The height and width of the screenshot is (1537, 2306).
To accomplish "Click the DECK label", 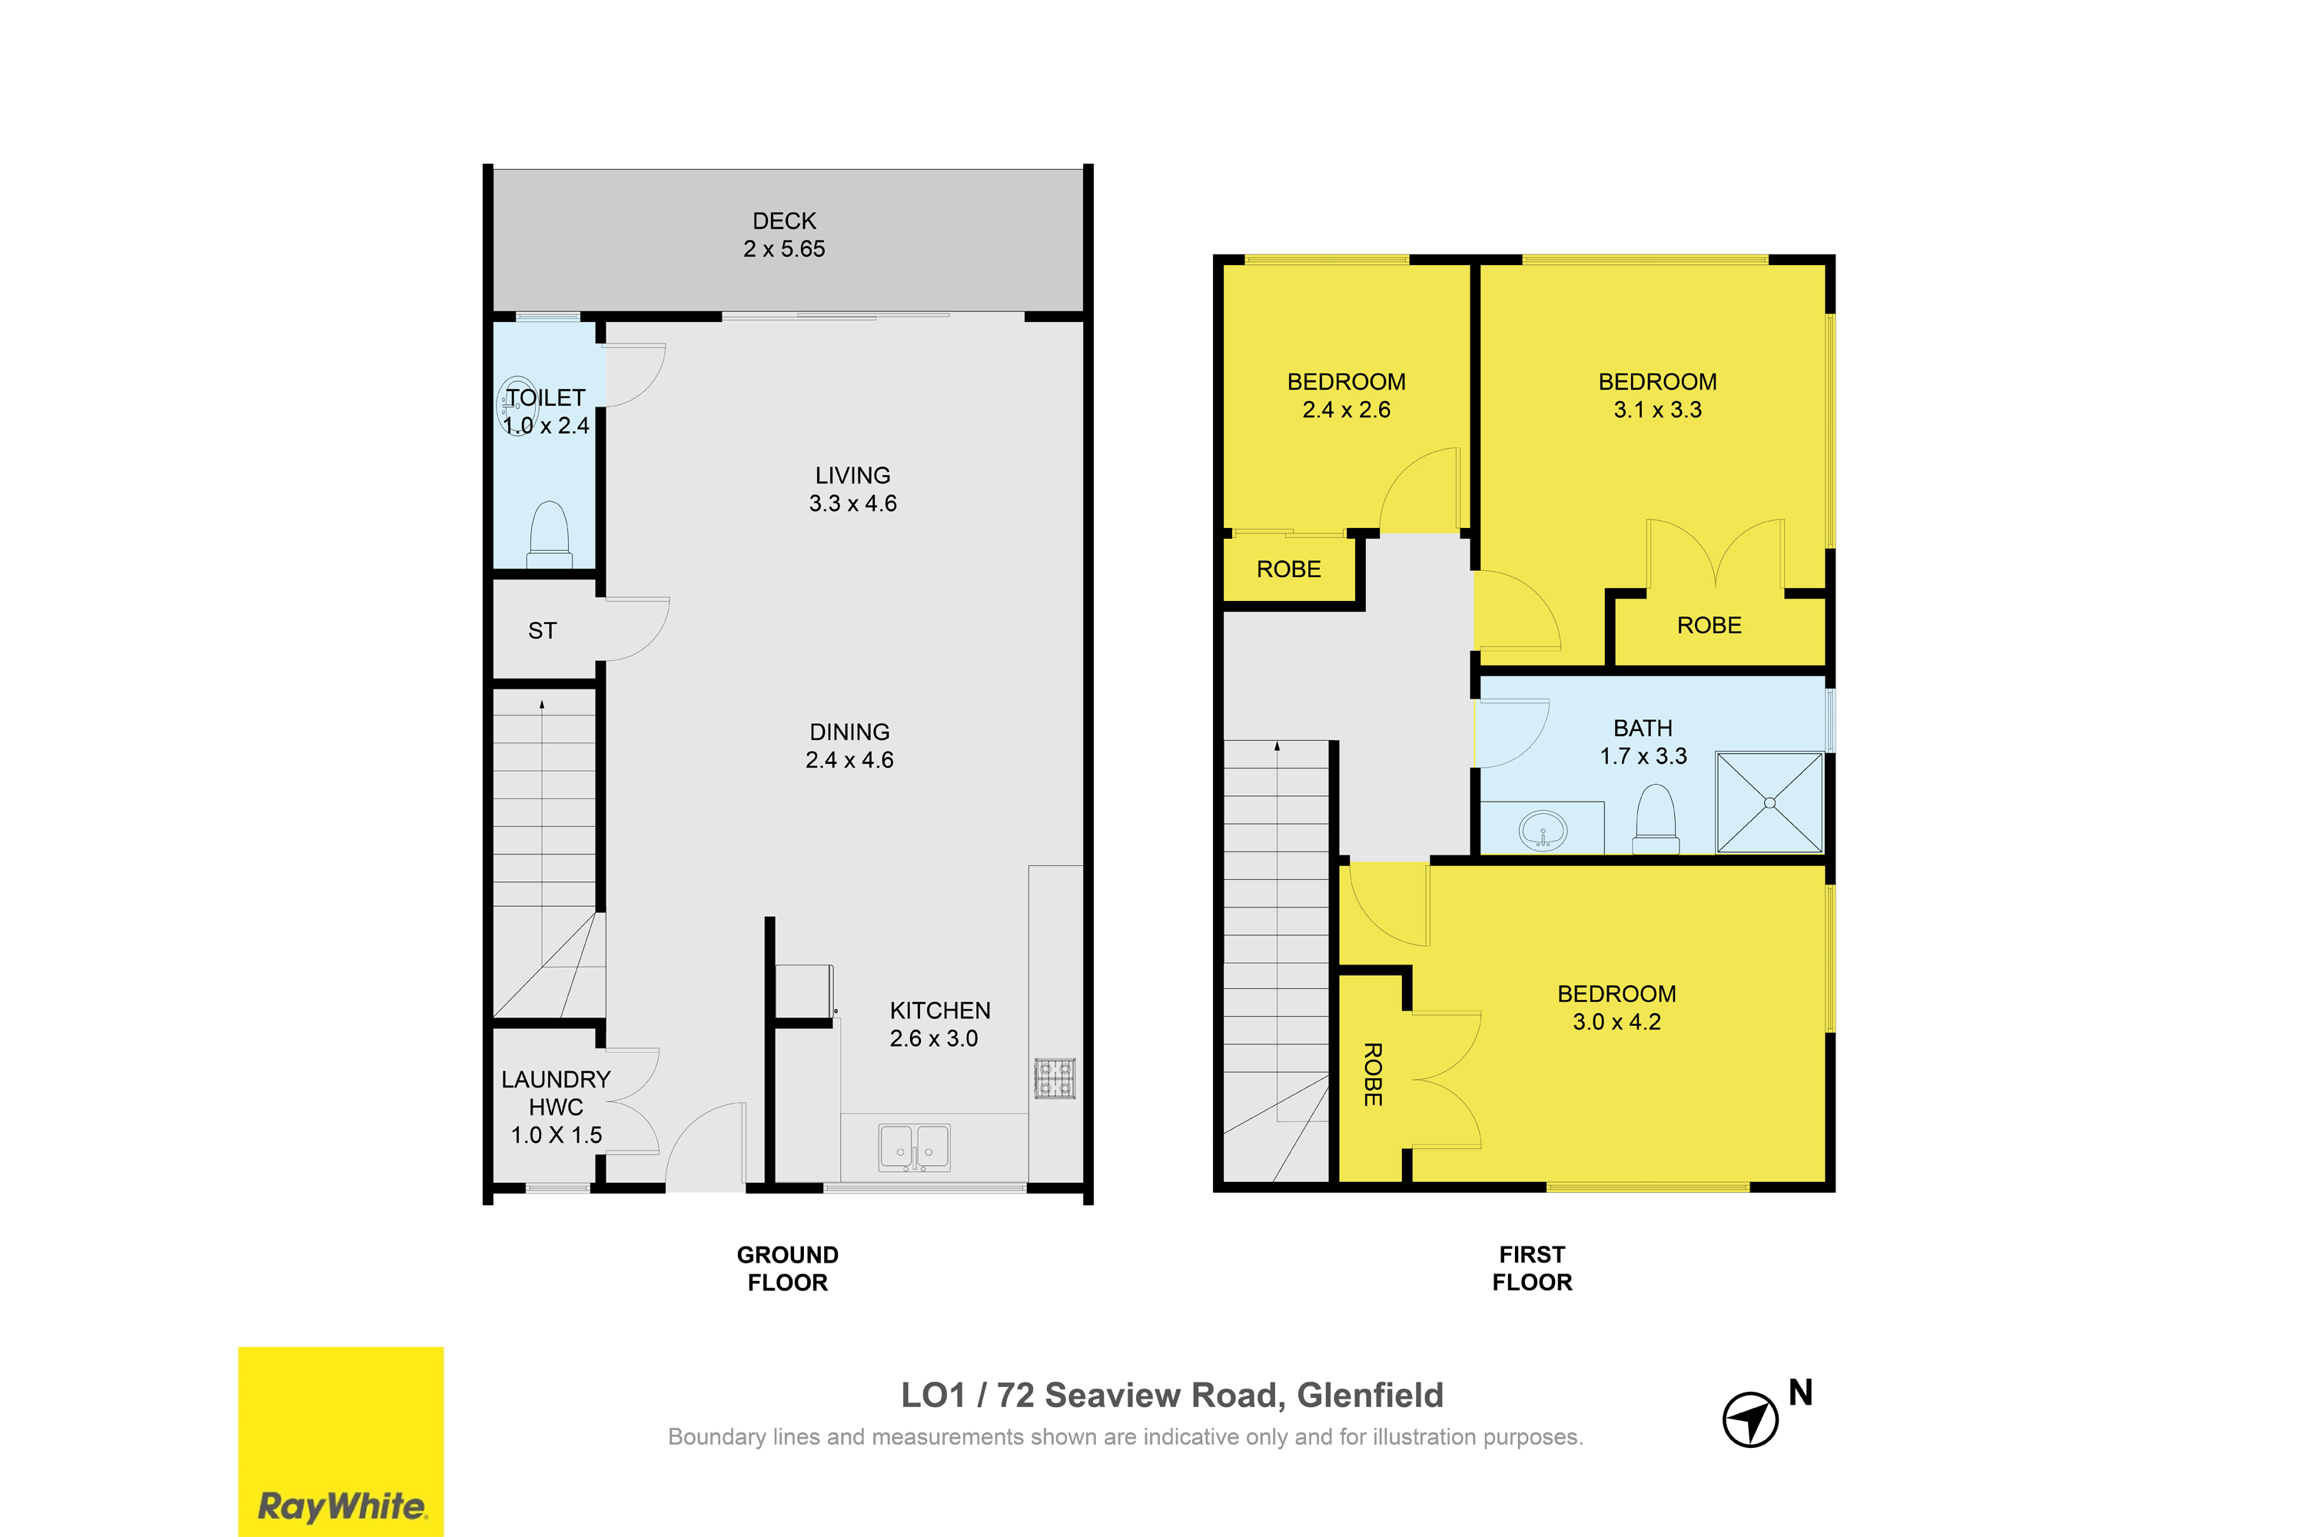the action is tap(783, 221).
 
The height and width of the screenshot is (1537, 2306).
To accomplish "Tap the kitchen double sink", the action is tap(914, 1147).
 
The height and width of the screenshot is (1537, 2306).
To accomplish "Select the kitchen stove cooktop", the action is tap(1054, 1078).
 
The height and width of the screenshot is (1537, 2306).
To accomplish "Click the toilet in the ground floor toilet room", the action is tap(549, 535).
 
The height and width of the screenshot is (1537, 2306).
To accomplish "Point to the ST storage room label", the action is tap(542, 631).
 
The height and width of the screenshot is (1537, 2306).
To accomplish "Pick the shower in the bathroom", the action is tap(1769, 803).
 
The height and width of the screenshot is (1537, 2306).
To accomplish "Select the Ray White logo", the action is tap(341, 1442).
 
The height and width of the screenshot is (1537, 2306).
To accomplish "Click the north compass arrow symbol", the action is tap(1750, 1419).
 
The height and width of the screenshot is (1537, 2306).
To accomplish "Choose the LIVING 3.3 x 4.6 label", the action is tap(853, 489).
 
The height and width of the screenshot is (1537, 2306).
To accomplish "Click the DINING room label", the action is tap(850, 732).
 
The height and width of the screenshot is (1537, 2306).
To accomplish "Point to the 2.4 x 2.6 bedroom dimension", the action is tap(1346, 410).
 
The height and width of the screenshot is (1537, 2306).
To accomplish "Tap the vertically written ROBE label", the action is tap(1373, 1074).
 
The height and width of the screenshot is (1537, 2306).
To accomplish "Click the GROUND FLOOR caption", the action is tap(787, 1269).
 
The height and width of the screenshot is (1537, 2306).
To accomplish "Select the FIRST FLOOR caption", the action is tap(1531, 1269).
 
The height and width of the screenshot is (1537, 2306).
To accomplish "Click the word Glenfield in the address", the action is tap(1370, 1395).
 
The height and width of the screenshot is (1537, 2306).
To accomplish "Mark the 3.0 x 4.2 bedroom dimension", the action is tap(1617, 1021).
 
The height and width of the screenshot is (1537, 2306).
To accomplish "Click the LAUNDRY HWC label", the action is tap(556, 1093).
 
